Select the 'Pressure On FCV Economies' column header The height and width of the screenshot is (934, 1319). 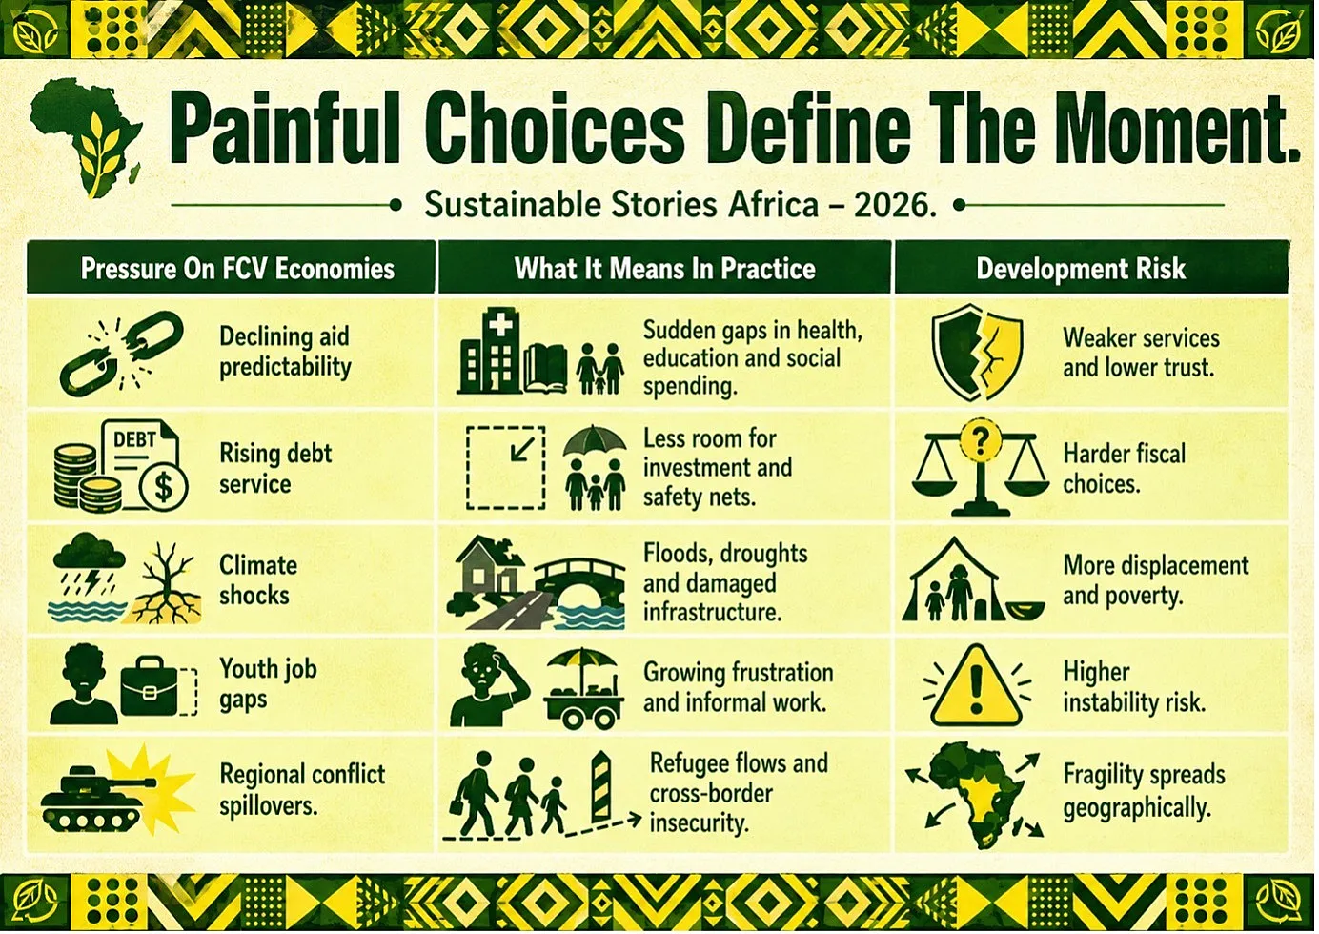tap(237, 269)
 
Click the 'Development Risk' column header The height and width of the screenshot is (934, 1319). tap(1081, 269)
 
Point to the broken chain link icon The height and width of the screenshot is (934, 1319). tap(121, 354)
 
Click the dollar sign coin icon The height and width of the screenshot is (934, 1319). tap(164, 487)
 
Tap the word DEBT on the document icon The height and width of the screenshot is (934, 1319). tap(134, 439)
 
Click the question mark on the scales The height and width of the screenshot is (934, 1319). tap(980, 440)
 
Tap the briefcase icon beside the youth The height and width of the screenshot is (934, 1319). tap(159, 685)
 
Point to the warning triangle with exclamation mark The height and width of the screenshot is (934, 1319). tap(976, 685)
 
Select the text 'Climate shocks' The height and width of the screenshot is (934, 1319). tap(258, 580)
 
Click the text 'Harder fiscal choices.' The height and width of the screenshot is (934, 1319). tap(1124, 469)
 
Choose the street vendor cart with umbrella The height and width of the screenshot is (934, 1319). tap(583, 688)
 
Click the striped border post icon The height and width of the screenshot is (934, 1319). tap(600, 787)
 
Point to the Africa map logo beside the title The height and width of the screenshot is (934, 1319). tap(86, 137)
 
